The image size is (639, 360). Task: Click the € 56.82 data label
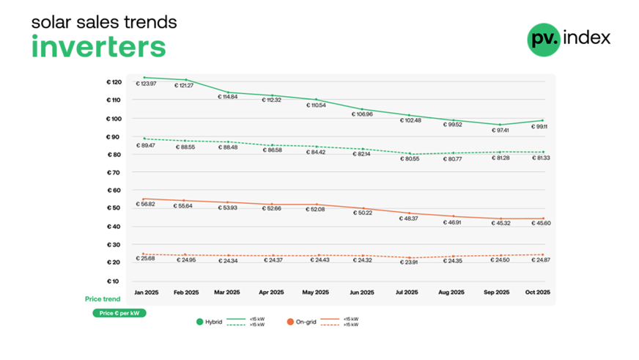(x=146, y=204)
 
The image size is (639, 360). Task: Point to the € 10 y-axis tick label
(x=114, y=281)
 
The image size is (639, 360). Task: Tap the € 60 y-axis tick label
(x=114, y=191)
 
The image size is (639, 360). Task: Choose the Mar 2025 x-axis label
(x=228, y=293)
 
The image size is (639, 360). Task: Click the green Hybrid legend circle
(x=199, y=322)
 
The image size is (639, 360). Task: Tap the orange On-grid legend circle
(x=289, y=322)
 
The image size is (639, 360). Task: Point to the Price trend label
(x=101, y=299)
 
